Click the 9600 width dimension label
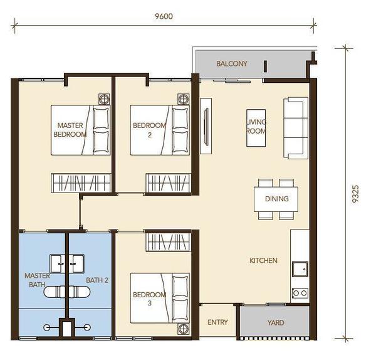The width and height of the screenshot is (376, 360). coord(164,16)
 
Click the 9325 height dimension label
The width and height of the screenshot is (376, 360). coord(355,194)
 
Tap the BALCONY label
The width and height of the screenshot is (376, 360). coord(232,63)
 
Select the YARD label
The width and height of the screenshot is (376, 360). coord(276,322)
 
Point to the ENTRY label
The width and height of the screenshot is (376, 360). coord(217,322)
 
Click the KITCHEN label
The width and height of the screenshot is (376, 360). coord(263,260)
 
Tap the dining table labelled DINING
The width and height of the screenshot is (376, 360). coord(276,199)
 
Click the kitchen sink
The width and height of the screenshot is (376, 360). coord(300,269)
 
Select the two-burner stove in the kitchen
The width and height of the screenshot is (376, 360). coord(300,293)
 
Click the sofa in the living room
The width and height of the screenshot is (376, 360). coord(296,128)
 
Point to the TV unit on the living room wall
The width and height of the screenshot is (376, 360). coord(206,126)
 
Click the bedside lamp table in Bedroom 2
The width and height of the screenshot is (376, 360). coord(183,99)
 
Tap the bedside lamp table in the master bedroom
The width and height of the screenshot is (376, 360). coord(104,99)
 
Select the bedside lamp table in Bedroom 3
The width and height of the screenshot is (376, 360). coord(183,329)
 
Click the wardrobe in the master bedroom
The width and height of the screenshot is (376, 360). coord(81,183)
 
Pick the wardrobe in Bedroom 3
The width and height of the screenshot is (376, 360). coord(169,242)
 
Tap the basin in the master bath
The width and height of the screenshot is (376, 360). coord(57,264)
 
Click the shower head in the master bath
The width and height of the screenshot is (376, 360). coord(47,327)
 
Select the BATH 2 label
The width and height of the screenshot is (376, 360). coord(97,280)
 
